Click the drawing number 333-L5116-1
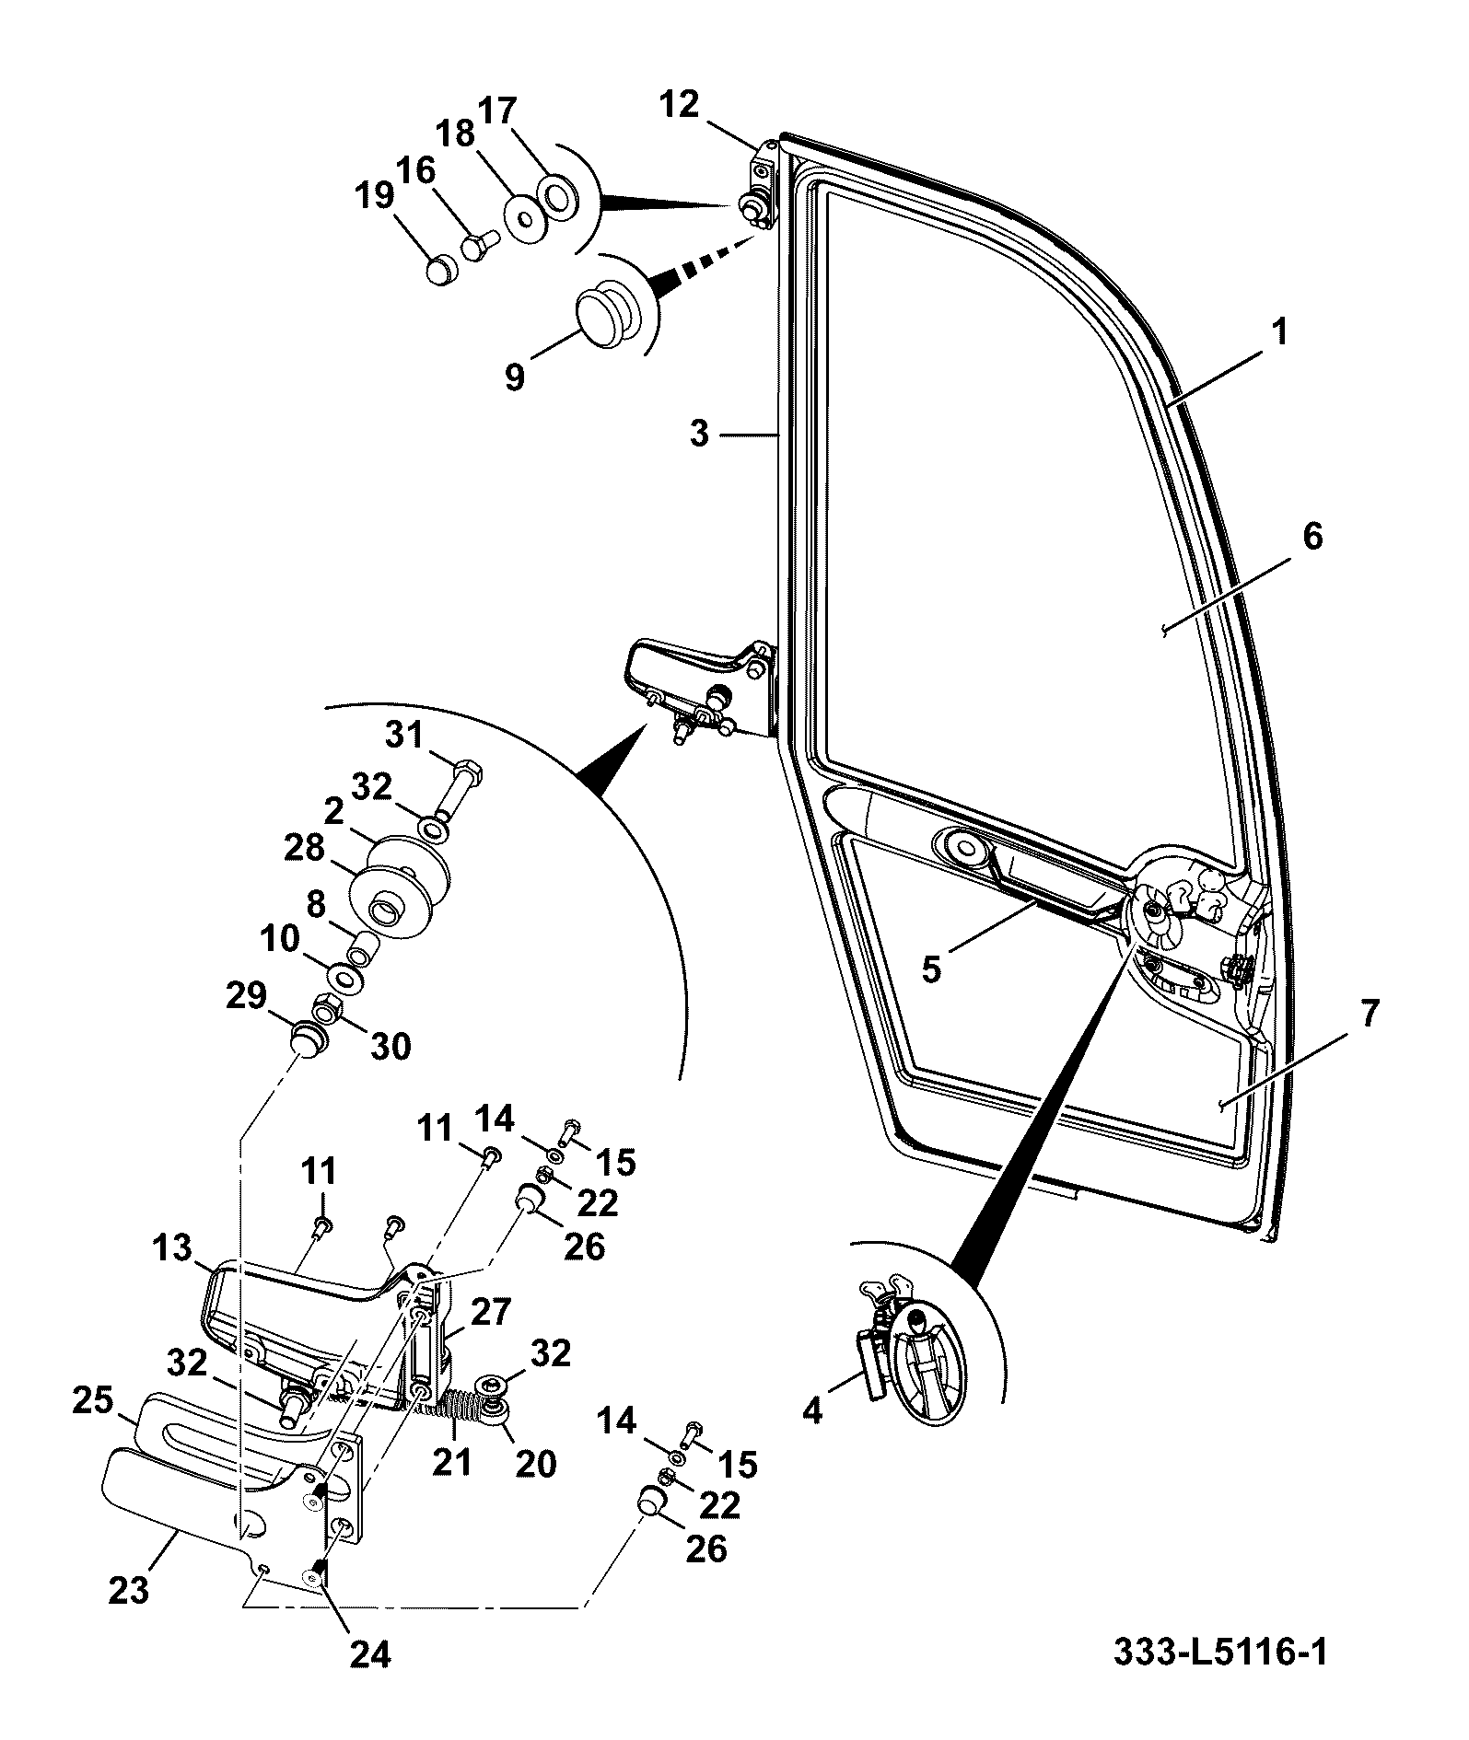point(1221,1653)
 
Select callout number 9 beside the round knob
point(515,376)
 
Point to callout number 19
point(376,196)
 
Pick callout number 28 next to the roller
point(304,847)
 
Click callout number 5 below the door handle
point(932,969)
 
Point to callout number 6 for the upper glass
point(1312,536)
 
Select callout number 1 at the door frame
point(1280,331)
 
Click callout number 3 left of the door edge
point(700,434)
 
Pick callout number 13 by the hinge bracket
point(173,1249)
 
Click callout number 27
point(490,1311)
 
